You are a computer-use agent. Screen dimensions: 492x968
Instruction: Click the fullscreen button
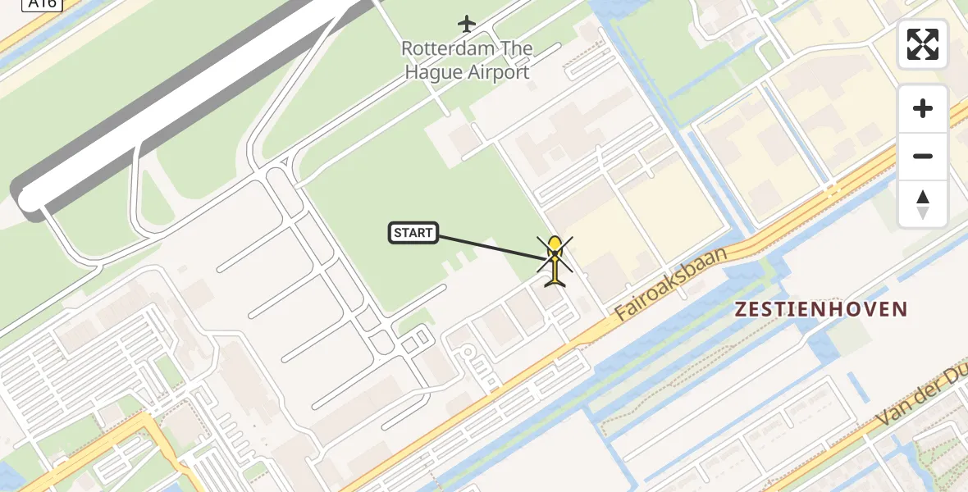tap(923, 44)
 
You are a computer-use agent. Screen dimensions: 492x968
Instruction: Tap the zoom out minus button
tap(923, 156)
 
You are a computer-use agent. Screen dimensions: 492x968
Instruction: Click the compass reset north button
tap(923, 203)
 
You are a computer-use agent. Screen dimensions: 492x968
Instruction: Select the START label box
tap(413, 233)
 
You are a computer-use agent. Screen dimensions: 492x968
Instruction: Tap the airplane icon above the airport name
tap(467, 24)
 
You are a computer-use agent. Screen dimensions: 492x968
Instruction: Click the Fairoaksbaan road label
tap(672, 283)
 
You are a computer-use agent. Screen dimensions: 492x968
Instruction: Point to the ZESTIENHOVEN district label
tap(821, 309)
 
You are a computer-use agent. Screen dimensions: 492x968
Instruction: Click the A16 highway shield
tap(42, 3)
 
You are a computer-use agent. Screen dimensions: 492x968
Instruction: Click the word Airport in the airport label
tap(498, 72)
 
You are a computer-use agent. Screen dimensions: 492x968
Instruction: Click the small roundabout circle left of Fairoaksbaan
tap(468, 353)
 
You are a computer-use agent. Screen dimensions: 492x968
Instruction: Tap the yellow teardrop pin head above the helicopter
tap(555, 244)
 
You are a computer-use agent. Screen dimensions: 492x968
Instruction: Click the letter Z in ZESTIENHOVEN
tap(742, 309)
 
